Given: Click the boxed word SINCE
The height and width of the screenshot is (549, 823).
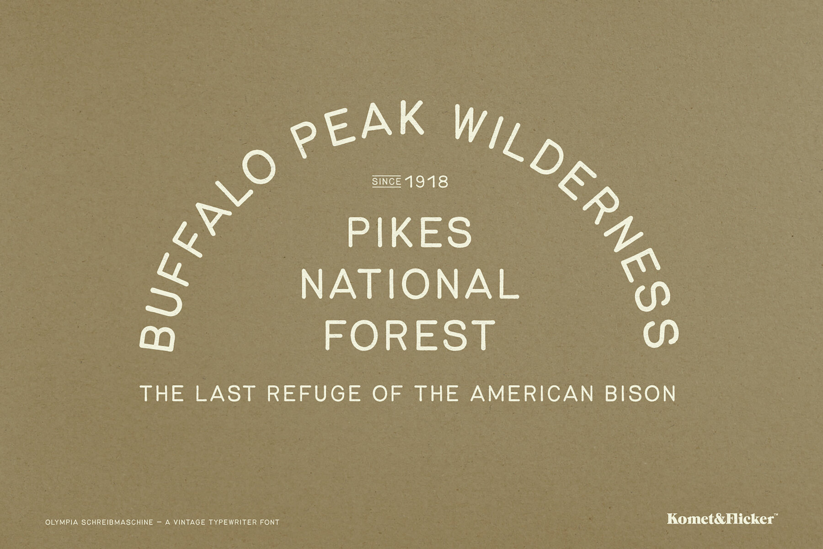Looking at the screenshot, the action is (x=387, y=182).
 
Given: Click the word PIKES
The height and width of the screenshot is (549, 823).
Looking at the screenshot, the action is (x=410, y=232).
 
